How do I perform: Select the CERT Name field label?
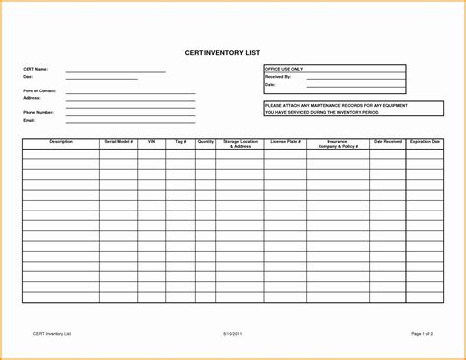tap(34, 69)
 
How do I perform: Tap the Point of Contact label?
tap(39, 90)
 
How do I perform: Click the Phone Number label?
tap(38, 113)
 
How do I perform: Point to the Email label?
tap(29, 120)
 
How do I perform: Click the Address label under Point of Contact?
tap(31, 98)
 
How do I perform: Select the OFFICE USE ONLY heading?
tap(284, 69)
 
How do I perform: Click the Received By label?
tap(278, 76)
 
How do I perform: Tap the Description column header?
tap(61, 142)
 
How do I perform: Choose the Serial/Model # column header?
tap(118, 142)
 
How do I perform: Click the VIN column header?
tap(152, 142)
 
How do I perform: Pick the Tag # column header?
tap(180, 142)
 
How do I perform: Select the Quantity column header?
tap(205, 142)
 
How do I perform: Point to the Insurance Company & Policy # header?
tap(336, 144)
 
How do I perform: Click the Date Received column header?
tap(387, 142)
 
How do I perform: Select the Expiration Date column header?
tap(425, 142)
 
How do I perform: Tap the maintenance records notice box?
tap(334, 108)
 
